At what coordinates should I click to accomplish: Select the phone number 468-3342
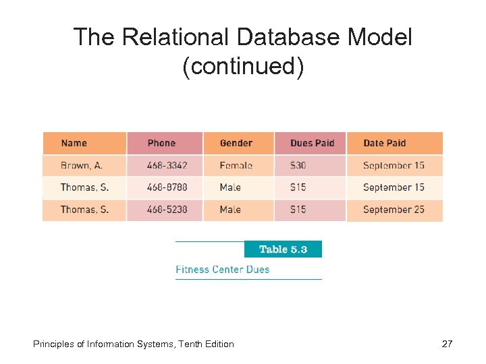tap(167, 165)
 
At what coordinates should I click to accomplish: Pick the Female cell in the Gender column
tap(236, 165)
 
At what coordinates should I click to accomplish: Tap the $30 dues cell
tap(298, 165)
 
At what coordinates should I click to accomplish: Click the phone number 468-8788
tap(167, 187)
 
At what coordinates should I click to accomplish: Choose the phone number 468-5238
tap(167, 210)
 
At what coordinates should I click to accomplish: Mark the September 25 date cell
tap(394, 210)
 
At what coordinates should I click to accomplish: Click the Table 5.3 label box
tap(283, 249)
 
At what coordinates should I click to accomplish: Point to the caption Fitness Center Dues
tap(222, 270)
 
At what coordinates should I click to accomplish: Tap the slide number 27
tap(447, 344)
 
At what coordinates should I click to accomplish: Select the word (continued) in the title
tap(243, 67)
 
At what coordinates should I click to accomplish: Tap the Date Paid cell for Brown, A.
tap(394, 165)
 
